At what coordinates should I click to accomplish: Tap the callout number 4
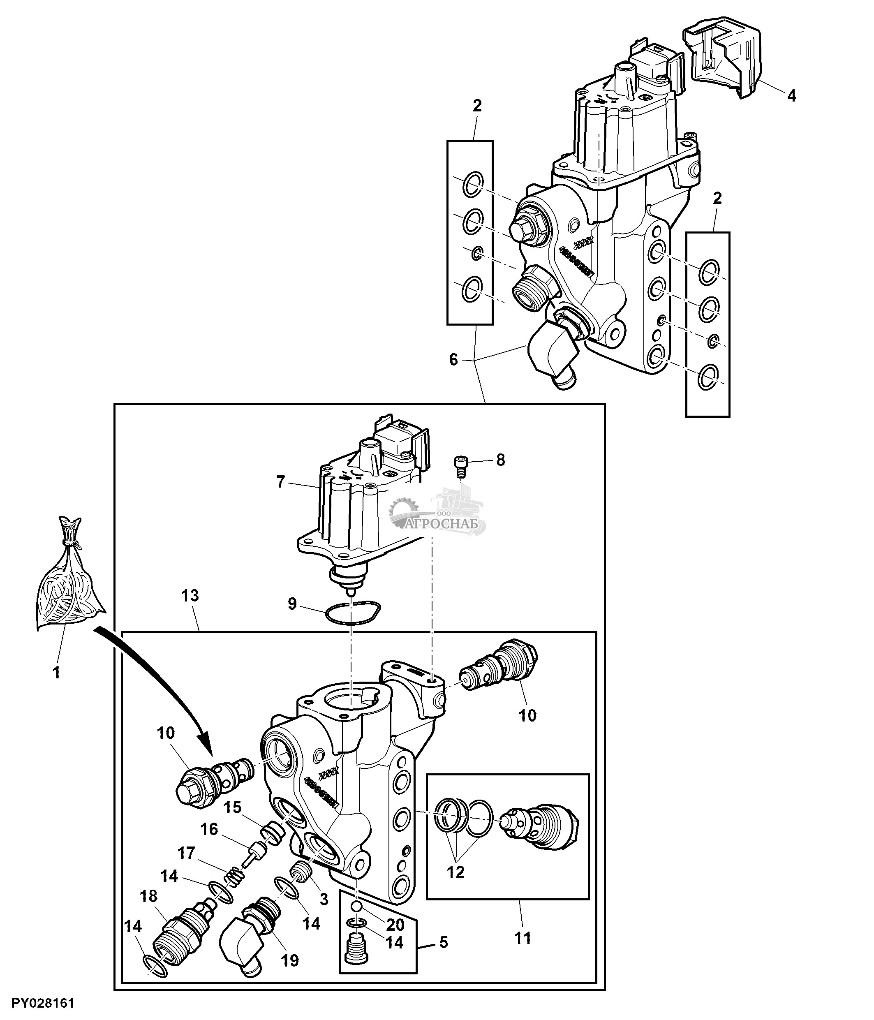791,95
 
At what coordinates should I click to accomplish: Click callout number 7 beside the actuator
280,482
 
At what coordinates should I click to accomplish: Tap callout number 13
190,596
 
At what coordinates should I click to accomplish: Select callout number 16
209,830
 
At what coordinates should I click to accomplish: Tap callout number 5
444,942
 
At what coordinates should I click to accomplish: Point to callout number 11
522,938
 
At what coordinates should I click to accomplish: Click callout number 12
455,872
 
